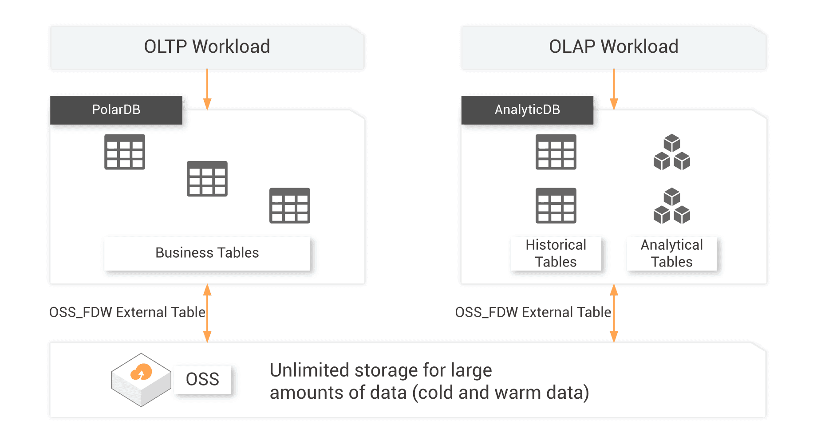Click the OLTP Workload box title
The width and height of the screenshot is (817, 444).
point(207,47)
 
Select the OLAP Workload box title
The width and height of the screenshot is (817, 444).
point(613,47)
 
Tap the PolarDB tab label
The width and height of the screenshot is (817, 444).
point(116,110)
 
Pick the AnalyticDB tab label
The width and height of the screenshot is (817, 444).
point(527,110)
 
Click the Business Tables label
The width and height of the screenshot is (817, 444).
point(207,253)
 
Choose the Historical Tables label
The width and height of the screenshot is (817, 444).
point(556,253)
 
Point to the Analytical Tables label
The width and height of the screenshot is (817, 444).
point(671,253)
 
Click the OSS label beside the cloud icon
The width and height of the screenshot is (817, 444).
point(202,379)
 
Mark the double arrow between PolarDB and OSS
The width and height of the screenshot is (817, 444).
point(207,313)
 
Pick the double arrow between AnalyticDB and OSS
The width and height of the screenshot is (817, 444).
point(614,313)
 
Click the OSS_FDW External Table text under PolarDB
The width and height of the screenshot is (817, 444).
point(127,312)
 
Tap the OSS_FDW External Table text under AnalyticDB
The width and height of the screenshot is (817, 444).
point(533,312)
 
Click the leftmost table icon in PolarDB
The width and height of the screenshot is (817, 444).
point(125,152)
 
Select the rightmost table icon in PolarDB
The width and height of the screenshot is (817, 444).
point(289,205)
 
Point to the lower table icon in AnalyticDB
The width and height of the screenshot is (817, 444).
point(556,205)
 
